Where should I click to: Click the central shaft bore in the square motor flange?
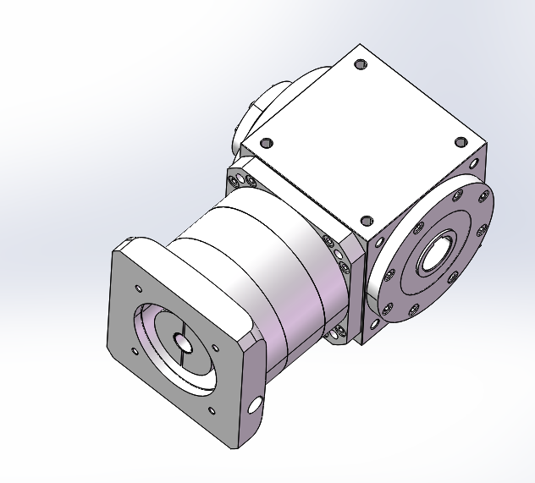(x=181, y=343)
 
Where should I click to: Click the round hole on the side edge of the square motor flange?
(x=255, y=405)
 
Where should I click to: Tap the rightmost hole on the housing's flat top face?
(x=461, y=141)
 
